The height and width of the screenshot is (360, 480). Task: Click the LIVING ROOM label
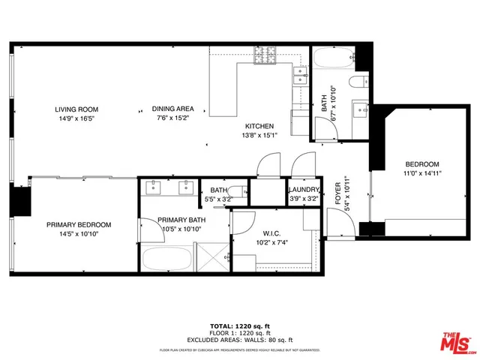click(x=77, y=109)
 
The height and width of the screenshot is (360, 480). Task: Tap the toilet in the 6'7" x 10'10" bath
click(x=357, y=82)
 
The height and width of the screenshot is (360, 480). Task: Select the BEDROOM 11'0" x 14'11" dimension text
click(x=422, y=173)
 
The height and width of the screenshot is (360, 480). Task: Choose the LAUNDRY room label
click(x=304, y=190)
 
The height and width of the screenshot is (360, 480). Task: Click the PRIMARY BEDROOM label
click(x=79, y=225)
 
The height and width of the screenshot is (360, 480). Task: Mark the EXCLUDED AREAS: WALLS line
click(x=239, y=340)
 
